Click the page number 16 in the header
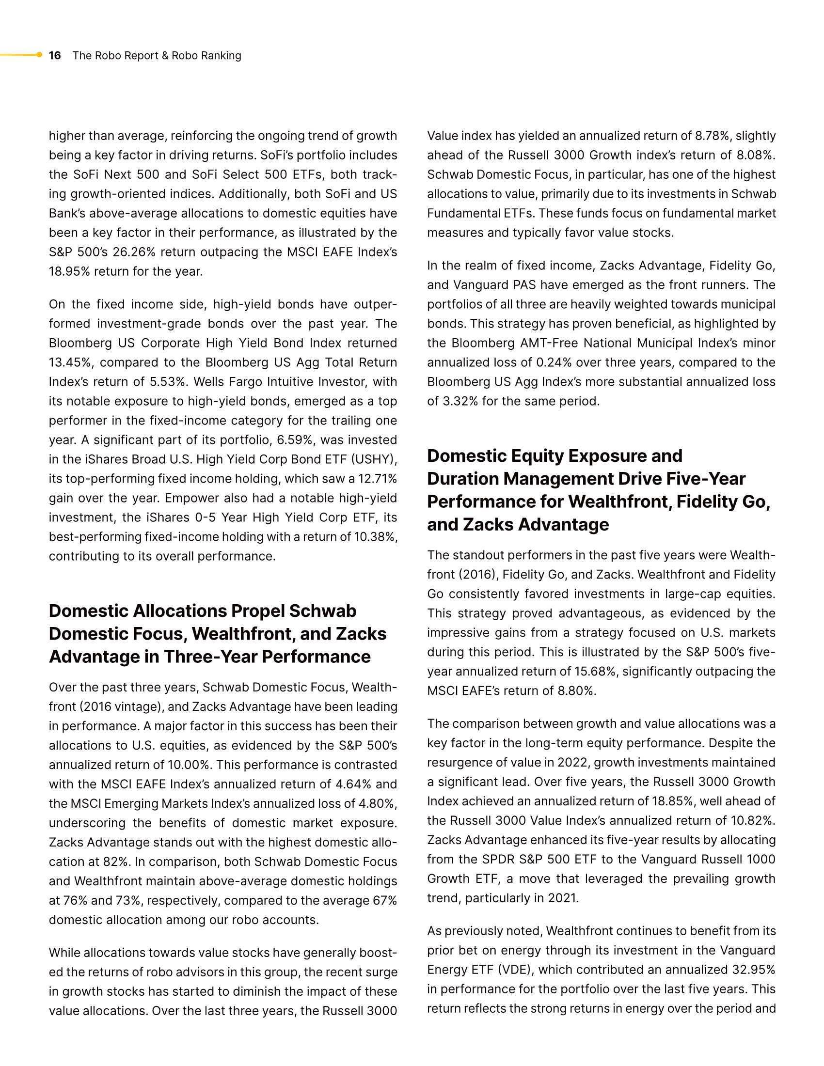(55, 56)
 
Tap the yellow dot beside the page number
(40, 55)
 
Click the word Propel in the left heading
(258, 611)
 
